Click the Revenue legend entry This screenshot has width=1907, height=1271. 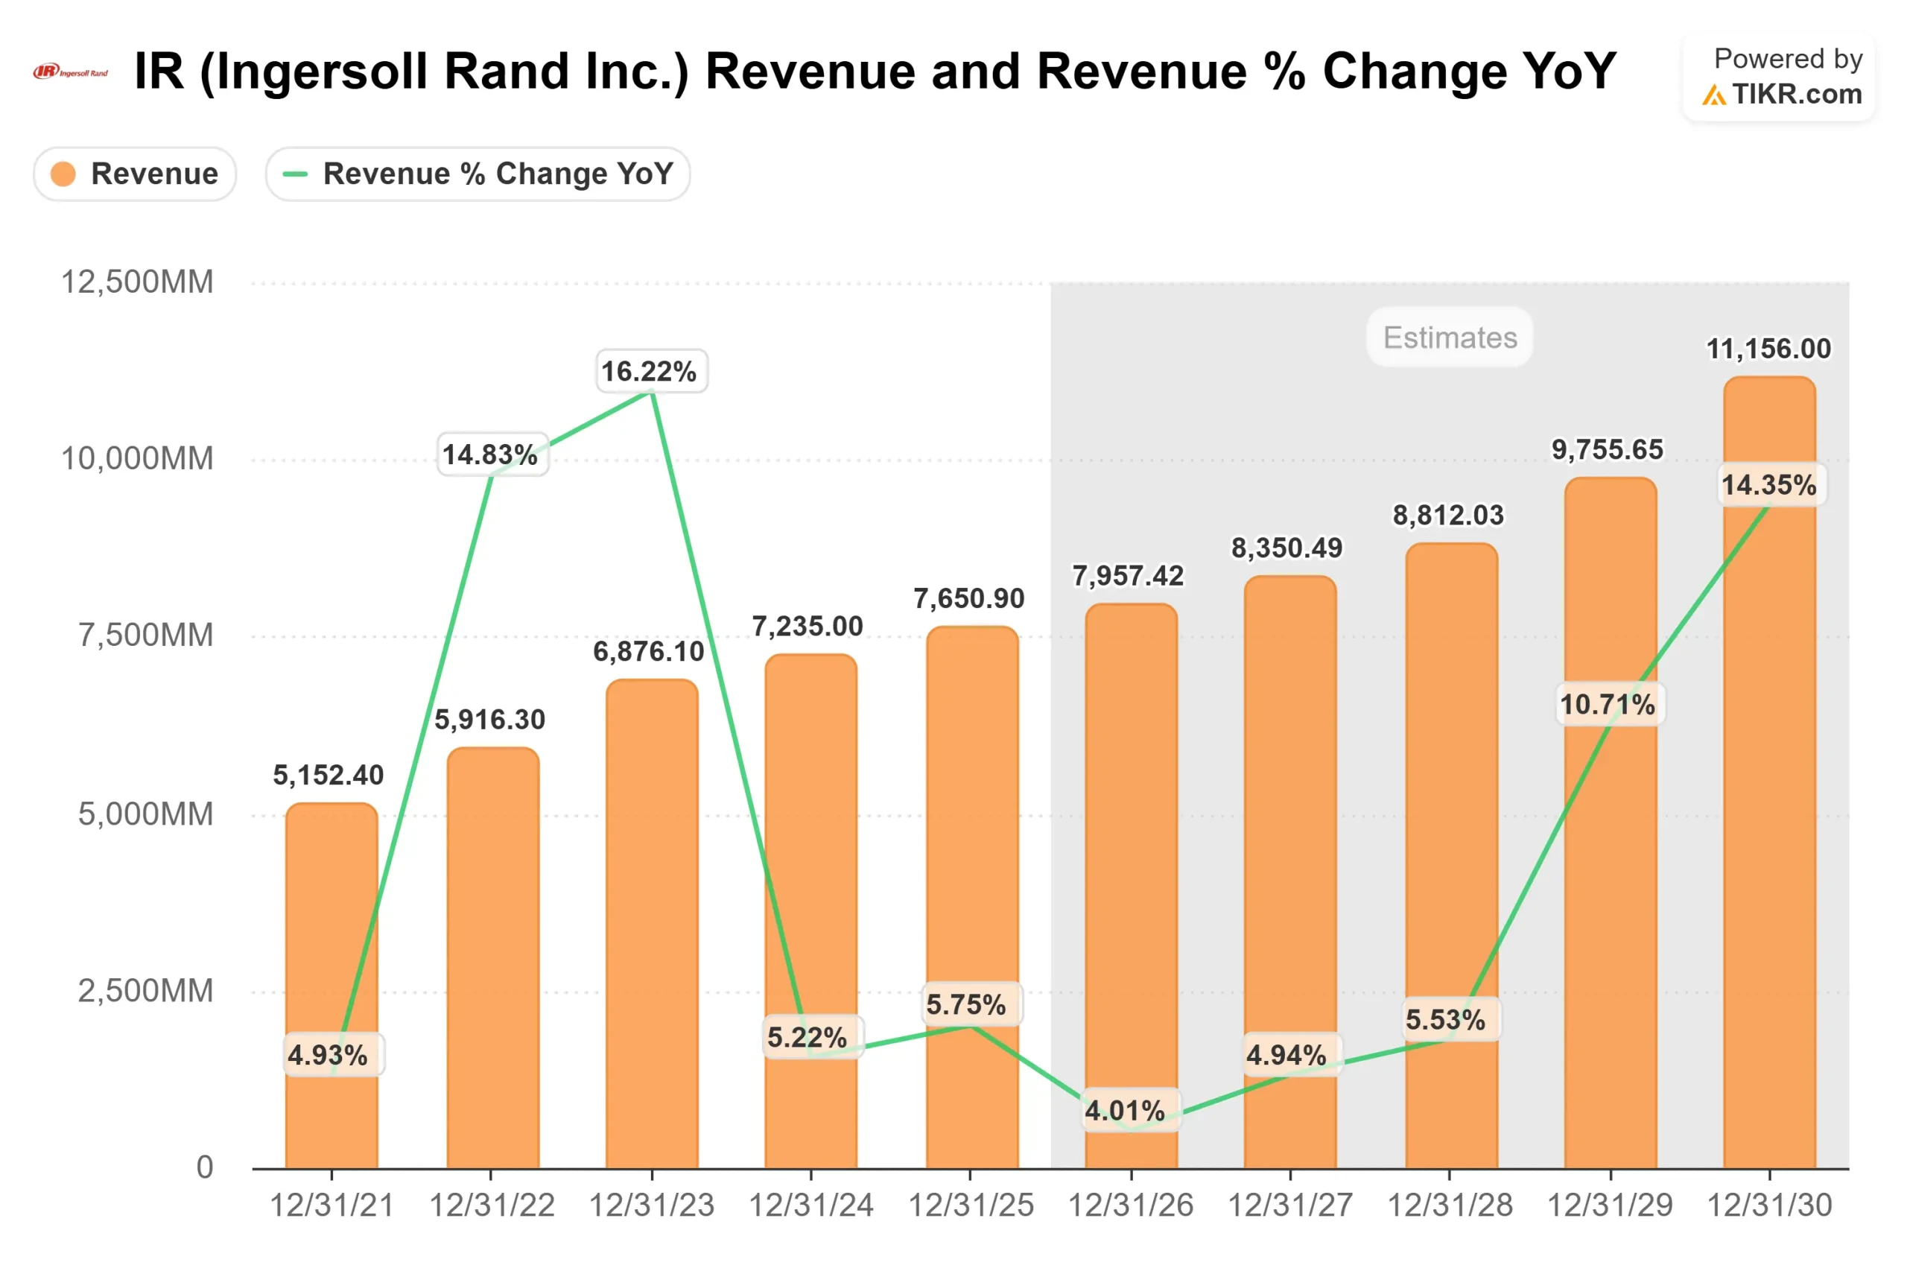(x=135, y=174)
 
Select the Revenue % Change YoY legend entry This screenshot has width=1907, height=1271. (x=478, y=174)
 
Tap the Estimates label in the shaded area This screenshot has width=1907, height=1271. (x=1449, y=337)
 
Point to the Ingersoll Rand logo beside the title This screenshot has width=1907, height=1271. (x=71, y=72)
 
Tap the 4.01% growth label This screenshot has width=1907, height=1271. (x=1124, y=1111)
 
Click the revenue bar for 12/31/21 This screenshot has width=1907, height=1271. (x=331, y=932)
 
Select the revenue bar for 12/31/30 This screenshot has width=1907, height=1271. (x=1769, y=811)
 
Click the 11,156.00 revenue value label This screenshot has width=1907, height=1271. (x=1768, y=349)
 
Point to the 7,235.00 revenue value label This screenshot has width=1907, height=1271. (x=807, y=626)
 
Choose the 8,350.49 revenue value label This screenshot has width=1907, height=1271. (x=1286, y=548)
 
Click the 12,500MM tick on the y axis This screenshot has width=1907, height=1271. (x=137, y=282)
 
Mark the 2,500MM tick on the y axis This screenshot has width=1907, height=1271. (x=145, y=991)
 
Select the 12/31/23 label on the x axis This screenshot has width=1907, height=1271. (x=651, y=1205)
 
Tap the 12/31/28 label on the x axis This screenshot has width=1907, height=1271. (x=1449, y=1205)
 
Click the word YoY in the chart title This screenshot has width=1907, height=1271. (x=1568, y=72)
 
